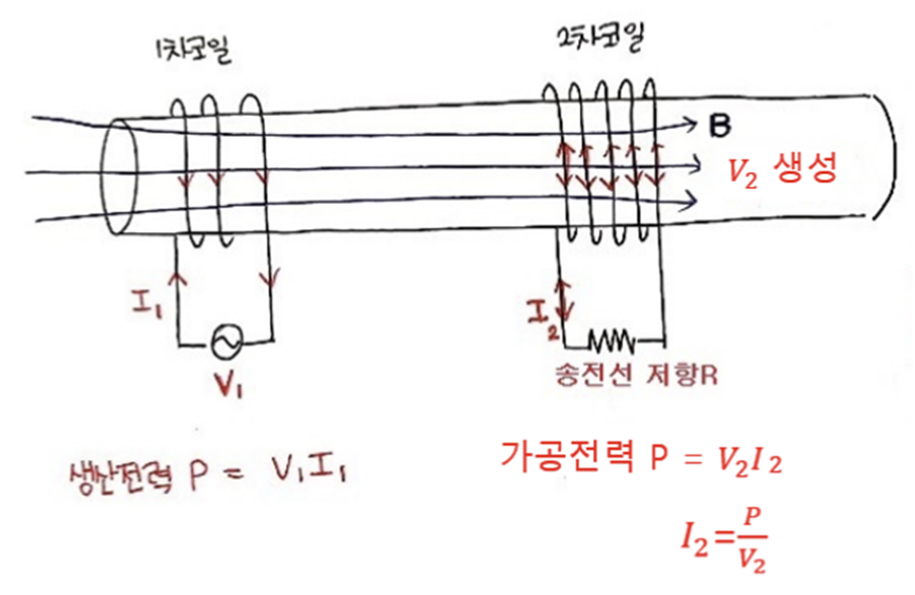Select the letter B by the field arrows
pos(720,125)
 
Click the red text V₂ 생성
pos(781,169)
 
